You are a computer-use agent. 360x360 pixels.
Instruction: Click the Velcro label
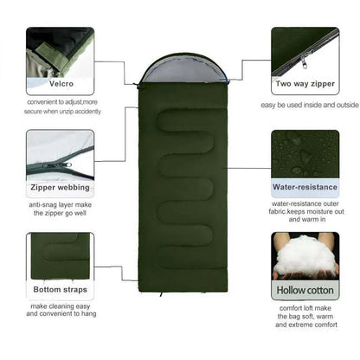point(59,86)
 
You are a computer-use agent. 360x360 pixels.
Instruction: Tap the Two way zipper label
point(305,86)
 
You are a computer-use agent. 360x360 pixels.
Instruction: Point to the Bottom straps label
point(60,289)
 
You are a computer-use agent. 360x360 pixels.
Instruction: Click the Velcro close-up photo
point(59,52)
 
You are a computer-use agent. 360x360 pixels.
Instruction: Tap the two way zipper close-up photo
point(305,52)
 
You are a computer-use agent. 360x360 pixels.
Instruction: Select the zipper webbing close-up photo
point(60,154)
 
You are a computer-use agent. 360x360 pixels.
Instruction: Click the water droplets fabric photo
point(305,154)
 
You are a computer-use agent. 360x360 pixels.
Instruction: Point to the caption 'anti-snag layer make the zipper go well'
point(60,209)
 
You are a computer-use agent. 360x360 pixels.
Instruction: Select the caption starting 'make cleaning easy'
point(60,311)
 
